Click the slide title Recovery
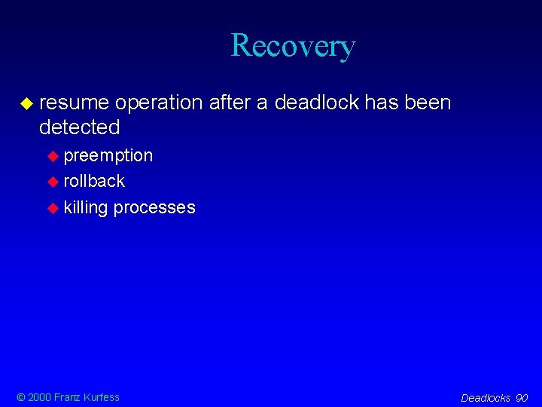(293, 45)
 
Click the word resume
(74, 102)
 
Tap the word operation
(160, 102)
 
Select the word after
(230, 102)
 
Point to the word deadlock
(316, 102)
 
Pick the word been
(428, 102)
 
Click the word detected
(79, 127)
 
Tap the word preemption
(108, 156)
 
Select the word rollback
(94, 181)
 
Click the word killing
(86, 207)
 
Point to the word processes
(154, 208)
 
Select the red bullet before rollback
(53, 182)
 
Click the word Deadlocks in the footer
(486, 398)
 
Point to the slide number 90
(522, 398)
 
